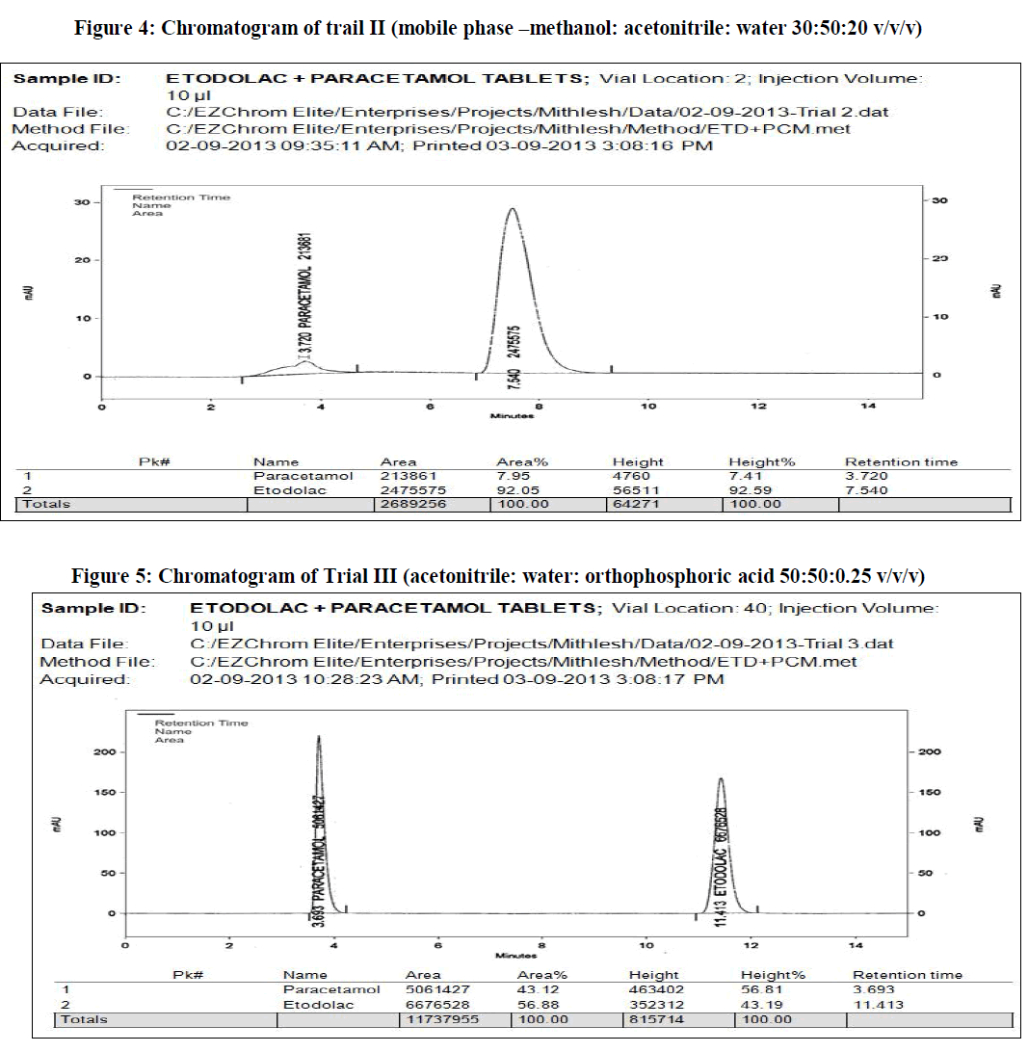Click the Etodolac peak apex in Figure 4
(512, 209)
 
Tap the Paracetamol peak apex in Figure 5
(318, 737)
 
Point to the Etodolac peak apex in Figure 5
(720, 779)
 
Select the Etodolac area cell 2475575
(407, 490)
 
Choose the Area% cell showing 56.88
(537, 1005)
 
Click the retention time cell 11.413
(874, 1005)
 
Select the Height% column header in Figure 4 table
(761, 462)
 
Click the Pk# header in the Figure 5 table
(185, 975)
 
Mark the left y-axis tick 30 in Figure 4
(82, 202)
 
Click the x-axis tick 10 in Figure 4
(648, 407)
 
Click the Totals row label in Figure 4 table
(47, 504)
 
